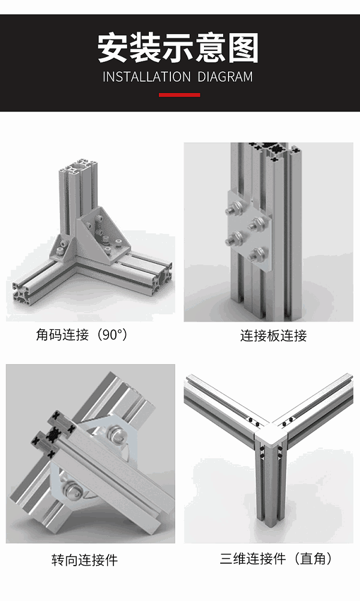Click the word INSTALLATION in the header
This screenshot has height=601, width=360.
pyautogui.click(x=146, y=77)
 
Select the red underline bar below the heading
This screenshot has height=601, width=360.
pyautogui.click(x=179, y=95)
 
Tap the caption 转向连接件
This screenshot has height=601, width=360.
pyautogui.click(x=85, y=560)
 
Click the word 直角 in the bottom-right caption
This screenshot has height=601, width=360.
pyautogui.click(x=314, y=559)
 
